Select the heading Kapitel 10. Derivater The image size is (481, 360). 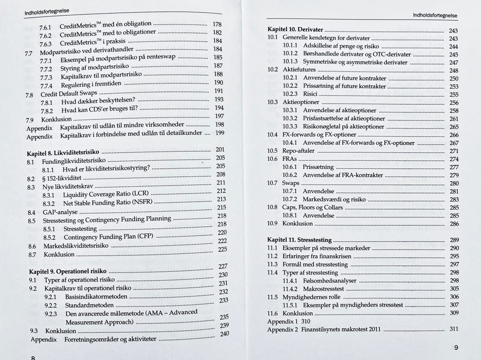[x=295, y=30]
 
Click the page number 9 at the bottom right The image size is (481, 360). [x=456, y=347]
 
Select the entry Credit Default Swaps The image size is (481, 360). [x=69, y=94]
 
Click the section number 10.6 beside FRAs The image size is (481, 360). [x=273, y=159]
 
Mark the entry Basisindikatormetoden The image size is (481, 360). [x=96, y=296]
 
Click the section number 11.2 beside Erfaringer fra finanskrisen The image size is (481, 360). [x=273, y=256]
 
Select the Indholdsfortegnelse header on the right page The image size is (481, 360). [x=435, y=16]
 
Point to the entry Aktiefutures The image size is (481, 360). [x=299, y=70]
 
